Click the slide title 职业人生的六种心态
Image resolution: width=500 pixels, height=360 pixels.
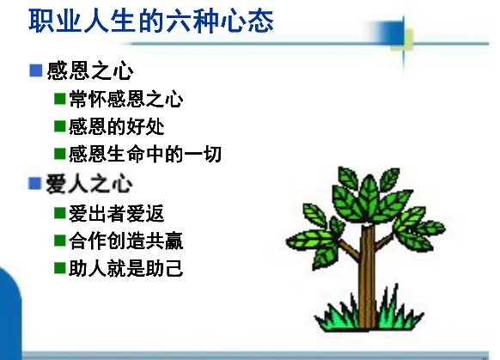click(x=151, y=21)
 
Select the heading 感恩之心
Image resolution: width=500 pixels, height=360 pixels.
click(x=90, y=70)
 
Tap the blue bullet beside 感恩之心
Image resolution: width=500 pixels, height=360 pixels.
click(x=36, y=70)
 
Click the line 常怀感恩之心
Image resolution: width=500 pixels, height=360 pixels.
click(x=126, y=99)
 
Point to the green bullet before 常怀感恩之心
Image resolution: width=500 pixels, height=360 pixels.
click(x=60, y=99)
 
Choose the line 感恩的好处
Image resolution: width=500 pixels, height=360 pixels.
click(x=116, y=126)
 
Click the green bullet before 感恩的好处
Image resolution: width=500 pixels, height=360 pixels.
click(x=60, y=126)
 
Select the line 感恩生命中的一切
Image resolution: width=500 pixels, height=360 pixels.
click(x=145, y=154)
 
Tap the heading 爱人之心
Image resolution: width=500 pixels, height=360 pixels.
click(x=89, y=184)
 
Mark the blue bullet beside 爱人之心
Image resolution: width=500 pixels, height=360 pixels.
click(x=34, y=183)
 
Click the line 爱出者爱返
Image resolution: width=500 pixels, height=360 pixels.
click(x=116, y=213)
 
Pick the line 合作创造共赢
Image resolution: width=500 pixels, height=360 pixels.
click(x=126, y=241)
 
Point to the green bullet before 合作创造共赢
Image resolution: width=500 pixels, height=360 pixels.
click(x=60, y=241)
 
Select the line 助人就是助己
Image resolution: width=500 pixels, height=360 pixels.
click(x=126, y=268)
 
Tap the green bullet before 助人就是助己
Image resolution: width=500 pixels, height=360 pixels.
click(x=60, y=268)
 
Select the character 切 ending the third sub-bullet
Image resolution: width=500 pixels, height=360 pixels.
click(x=212, y=154)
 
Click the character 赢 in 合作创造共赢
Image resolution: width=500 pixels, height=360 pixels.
click(x=174, y=241)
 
